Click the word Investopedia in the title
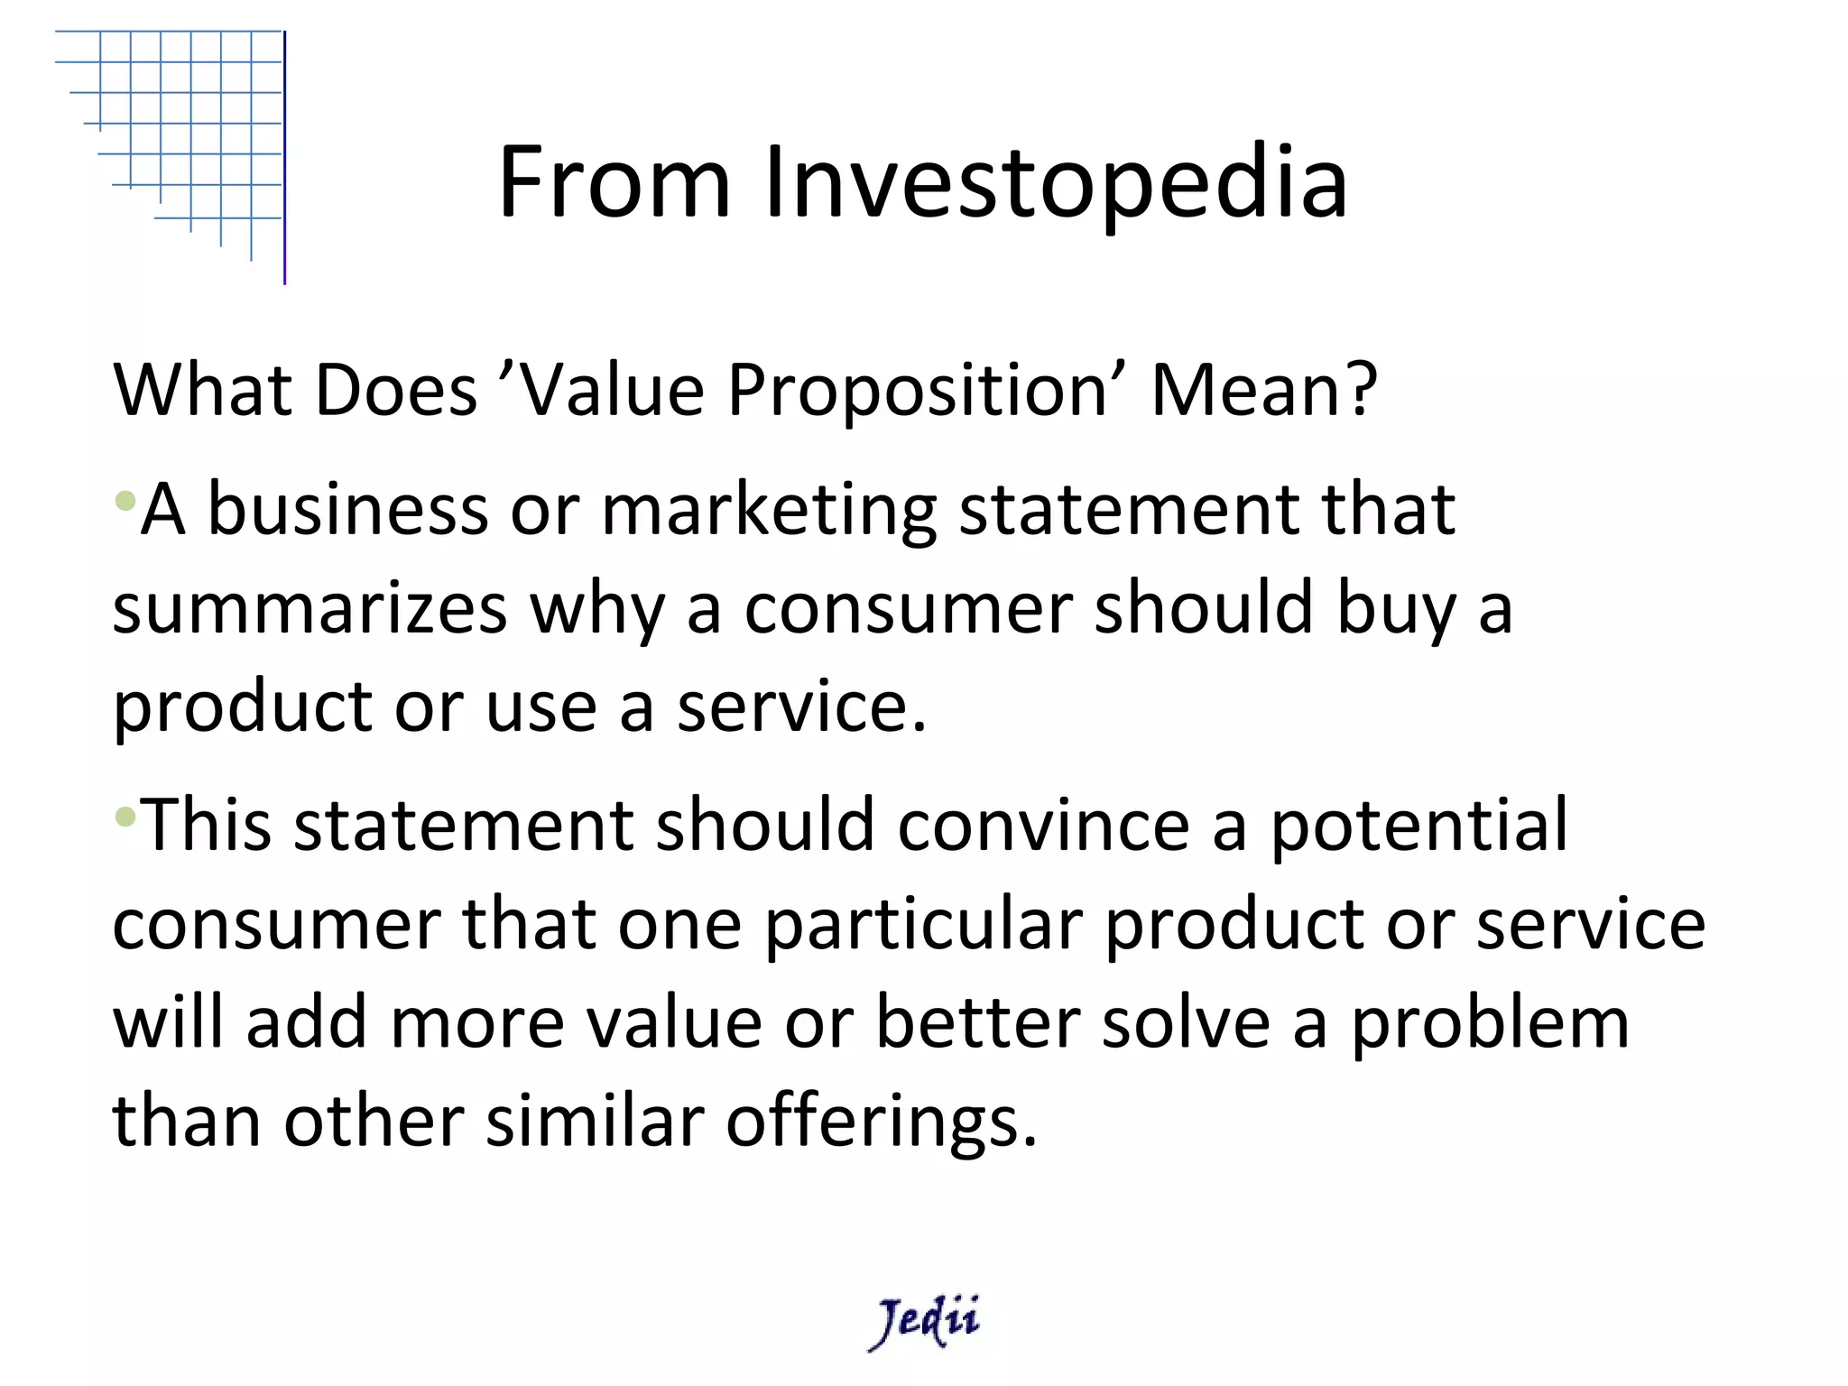click(1056, 183)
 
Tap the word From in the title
click(614, 183)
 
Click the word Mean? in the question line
click(1264, 391)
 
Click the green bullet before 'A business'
click(125, 499)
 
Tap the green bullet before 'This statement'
click(125, 818)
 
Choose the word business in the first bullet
click(347, 510)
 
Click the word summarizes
click(310, 609)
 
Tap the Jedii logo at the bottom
click(924, 1321)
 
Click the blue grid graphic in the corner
click(180, 135)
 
